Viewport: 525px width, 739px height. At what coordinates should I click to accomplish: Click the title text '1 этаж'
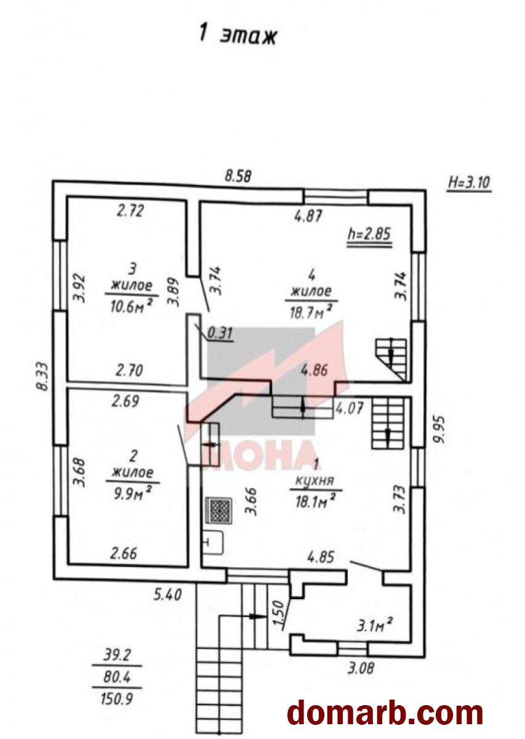click(238, 34)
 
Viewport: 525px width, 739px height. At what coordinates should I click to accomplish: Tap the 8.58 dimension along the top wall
click(238, 176)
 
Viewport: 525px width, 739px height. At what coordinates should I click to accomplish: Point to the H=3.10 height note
click(469, 182)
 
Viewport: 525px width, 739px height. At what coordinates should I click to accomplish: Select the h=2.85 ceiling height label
click(369, 235)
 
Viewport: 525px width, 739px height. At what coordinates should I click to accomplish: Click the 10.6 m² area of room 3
click(131, 307)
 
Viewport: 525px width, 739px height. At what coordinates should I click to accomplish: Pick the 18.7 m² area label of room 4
click(310, 312)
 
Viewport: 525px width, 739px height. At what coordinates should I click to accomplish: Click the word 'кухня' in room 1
click(315, 481)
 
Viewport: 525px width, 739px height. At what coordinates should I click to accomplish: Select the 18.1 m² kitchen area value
click(316, 502)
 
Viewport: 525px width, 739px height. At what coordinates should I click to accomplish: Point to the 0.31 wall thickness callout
click(220, 333)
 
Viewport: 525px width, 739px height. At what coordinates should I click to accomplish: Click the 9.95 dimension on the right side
click(439, 430)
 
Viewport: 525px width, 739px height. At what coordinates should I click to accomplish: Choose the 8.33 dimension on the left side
click(43, 377)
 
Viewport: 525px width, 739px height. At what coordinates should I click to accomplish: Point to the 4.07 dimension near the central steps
click(350, 408)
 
